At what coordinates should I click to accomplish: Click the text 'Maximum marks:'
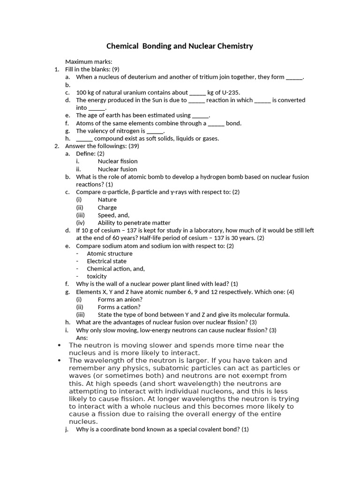[89, 62]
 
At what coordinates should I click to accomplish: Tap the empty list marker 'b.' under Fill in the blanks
[68, 85]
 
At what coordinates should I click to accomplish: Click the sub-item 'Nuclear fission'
[117, 161]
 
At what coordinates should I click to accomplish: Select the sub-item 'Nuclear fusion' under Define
[117, 169]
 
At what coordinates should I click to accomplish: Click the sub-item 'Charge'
[107, 208]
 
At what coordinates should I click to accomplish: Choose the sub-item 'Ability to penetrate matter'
[134, 223]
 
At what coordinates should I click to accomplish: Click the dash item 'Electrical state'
[106, 261]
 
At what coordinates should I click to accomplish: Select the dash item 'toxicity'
[97, 277]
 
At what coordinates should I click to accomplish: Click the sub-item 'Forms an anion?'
[120, 299]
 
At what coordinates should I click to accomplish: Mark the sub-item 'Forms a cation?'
[119, 307]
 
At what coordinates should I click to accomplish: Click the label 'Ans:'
[82, 337]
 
